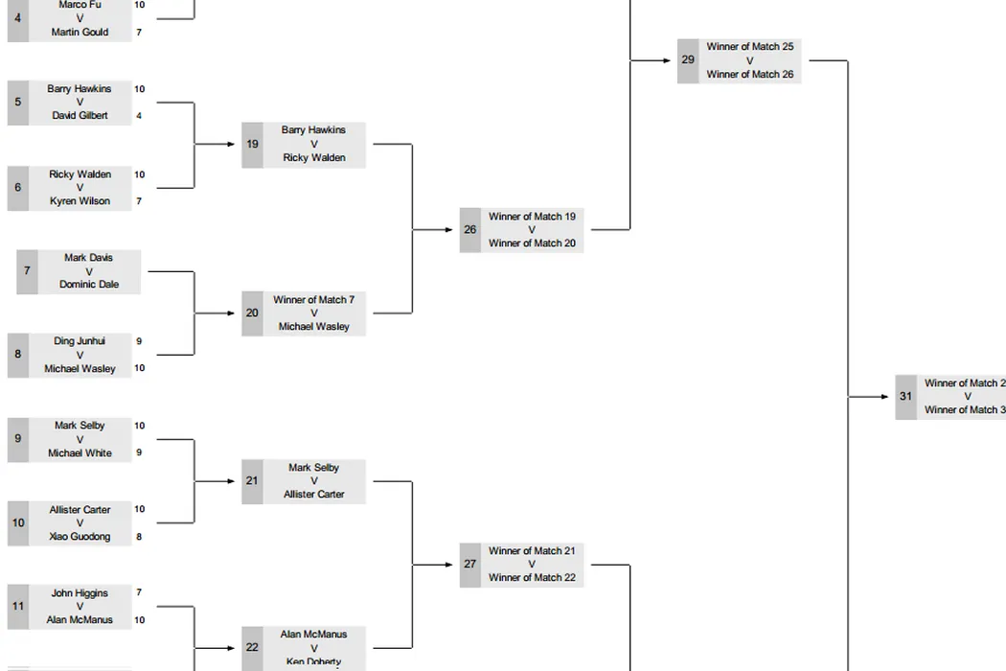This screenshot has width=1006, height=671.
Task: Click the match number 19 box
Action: (252, 145)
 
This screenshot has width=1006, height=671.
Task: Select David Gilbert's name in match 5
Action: (80, 116)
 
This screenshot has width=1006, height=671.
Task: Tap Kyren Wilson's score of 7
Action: (139, 201)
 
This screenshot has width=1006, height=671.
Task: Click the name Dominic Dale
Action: (89, 285)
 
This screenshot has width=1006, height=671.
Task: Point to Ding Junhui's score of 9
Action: (139, 341)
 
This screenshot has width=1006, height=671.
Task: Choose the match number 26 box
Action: (469, 230)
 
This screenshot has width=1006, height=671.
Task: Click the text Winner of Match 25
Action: (749, 46)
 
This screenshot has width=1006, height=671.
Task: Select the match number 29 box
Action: (688, 60)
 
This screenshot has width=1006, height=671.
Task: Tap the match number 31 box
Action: (905, 397)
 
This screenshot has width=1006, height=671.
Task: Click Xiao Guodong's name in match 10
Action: (80, 537)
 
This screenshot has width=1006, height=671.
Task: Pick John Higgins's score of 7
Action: (139, 593)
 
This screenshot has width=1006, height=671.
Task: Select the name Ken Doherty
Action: (313, 661)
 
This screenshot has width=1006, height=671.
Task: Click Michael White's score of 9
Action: (139, 452)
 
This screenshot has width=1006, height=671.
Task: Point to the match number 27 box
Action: (469, 565)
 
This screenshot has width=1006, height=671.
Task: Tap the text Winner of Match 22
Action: (532, 578)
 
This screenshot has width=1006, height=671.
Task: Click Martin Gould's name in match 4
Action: (80, 33)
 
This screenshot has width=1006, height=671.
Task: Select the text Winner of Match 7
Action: (313, 300)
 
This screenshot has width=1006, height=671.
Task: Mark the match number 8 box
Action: (17, 355)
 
